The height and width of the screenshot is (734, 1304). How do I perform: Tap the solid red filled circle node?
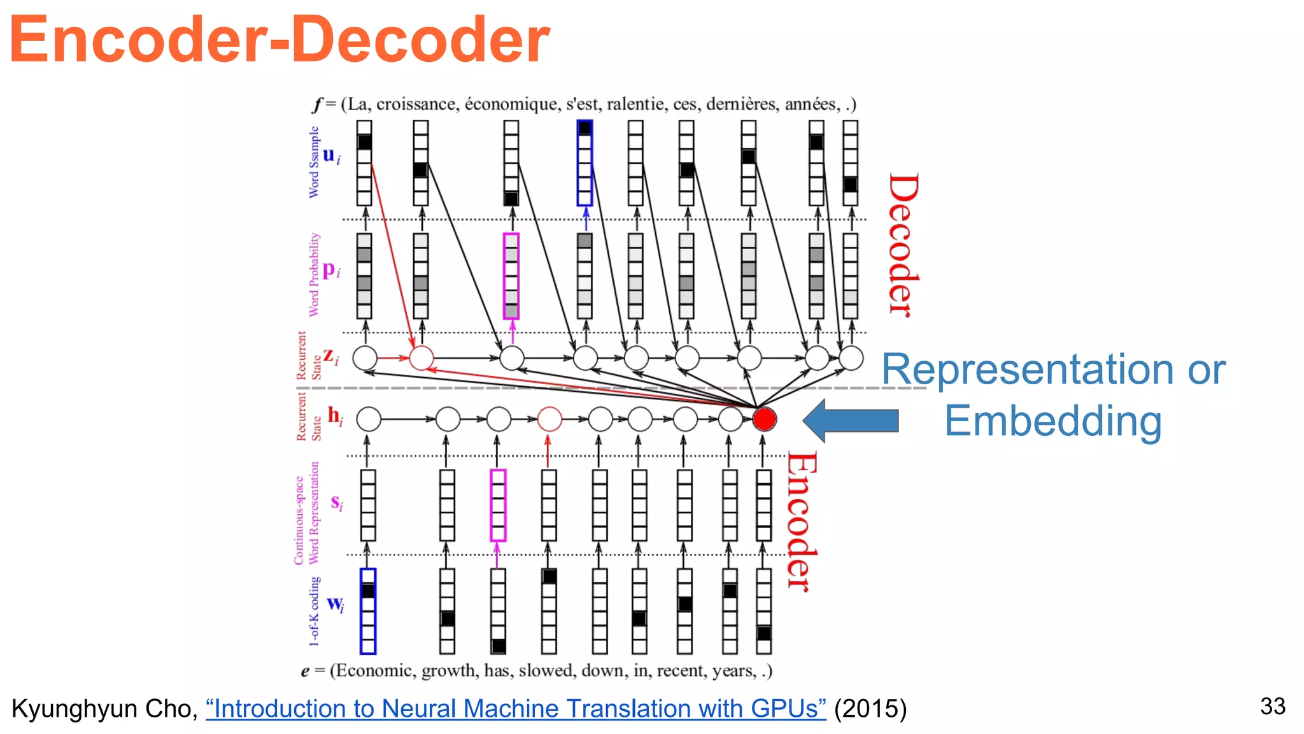point(763,419)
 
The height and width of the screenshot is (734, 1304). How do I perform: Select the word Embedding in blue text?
point(1052,421)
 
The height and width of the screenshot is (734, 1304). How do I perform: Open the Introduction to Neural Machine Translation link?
point(516,709)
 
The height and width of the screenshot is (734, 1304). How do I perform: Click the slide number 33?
point(1272,706)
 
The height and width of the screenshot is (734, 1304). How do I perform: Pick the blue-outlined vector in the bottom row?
point(368,611)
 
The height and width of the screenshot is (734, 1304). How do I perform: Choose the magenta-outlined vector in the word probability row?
point(511,276)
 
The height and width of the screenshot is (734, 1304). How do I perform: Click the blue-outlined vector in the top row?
point(585,163)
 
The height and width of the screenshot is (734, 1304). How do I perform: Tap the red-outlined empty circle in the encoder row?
point(549,419)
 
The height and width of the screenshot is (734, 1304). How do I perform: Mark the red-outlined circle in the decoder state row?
point(421,358)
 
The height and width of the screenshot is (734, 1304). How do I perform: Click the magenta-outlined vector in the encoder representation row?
point(498,505)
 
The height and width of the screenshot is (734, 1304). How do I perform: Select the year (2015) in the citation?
point(870,709)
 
